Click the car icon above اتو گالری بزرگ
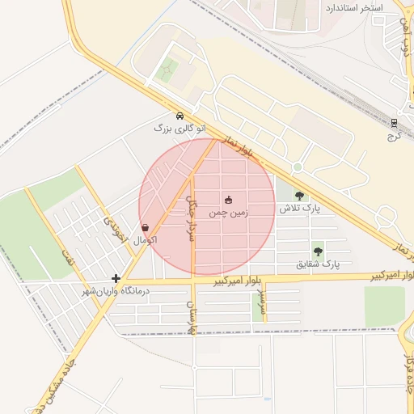[x=180, y=115]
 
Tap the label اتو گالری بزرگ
[x=180, y=128]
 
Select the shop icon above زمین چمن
[x=228, y=200]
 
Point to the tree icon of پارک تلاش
[x=300, y=195]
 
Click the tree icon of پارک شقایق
[x=318, y=251]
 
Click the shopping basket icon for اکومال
[x=145, y=228]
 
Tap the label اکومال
[x=144, y=241]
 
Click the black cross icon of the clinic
[x=116, y=278]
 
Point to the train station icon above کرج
[x=395, y=123]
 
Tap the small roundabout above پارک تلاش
[x=298, y=167]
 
